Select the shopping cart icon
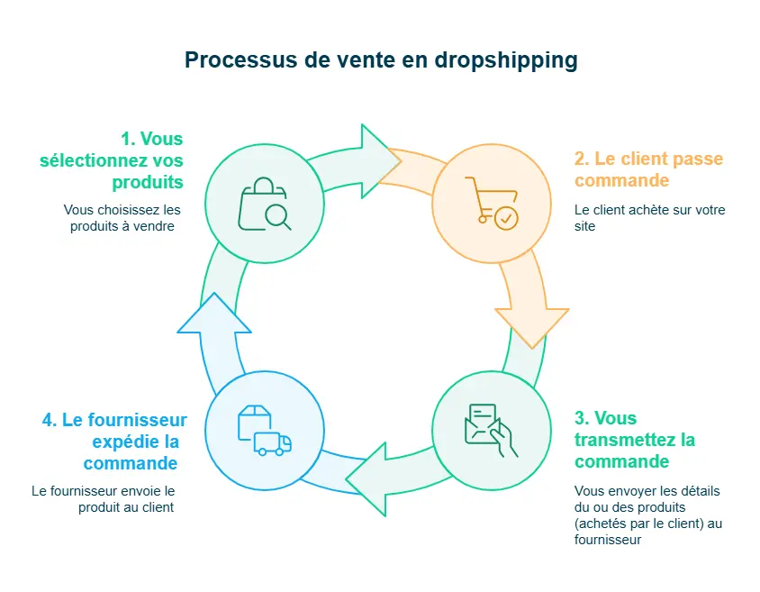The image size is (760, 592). pyautogui.click(x=491, y=203)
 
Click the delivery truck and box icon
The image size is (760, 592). pyautogui.click(x=264, y=431)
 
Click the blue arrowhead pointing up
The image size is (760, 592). pyautogui.click(x=213, y=314)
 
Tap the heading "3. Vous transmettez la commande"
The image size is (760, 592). pyautogui.click(x=634, y=440)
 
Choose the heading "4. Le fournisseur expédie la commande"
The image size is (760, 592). pyautogui.click(x=114, y=442)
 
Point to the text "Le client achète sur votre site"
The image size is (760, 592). pyautogui.click(x=649, y=218)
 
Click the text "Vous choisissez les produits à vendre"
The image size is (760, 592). pyautogui.click(x=122, y=218)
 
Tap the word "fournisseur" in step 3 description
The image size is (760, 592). pyautogui.click(x=608, y=541)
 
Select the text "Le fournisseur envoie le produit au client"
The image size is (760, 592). pyautogui.click(x=103, y=499)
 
